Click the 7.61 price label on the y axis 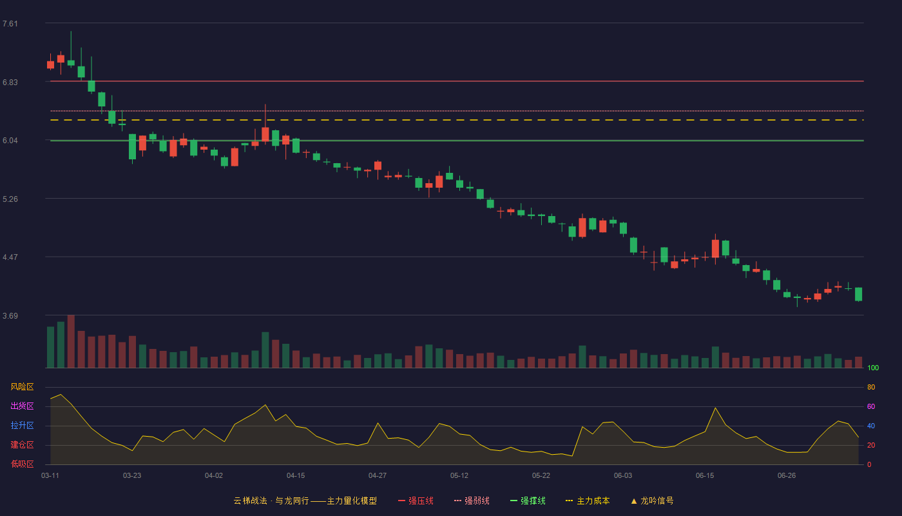[x=10, y=24]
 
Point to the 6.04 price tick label [x=10, y=141]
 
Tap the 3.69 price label [x=10, y=315]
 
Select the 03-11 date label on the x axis [x=50, y=476]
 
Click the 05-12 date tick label [x=459, y=476]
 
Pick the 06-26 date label [x=787, y=476]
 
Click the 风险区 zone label [x=22, y=387]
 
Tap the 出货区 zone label [x=22, y=406]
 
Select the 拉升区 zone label [x=22, y=425]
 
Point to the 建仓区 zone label [x=22, y=444]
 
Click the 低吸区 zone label [x=22, y=464]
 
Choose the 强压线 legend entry [x=416, y=501]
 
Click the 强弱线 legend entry [x=472, y=501]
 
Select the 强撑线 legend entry [x=528, y=501]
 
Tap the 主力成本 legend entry [x=588, y=501]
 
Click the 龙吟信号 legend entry [x=652, y=501]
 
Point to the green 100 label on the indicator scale [x=873, y=368]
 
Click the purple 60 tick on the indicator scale [x=871, y=406]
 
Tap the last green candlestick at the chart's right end [x=858, y=294]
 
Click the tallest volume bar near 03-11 [x=71, y=341]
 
